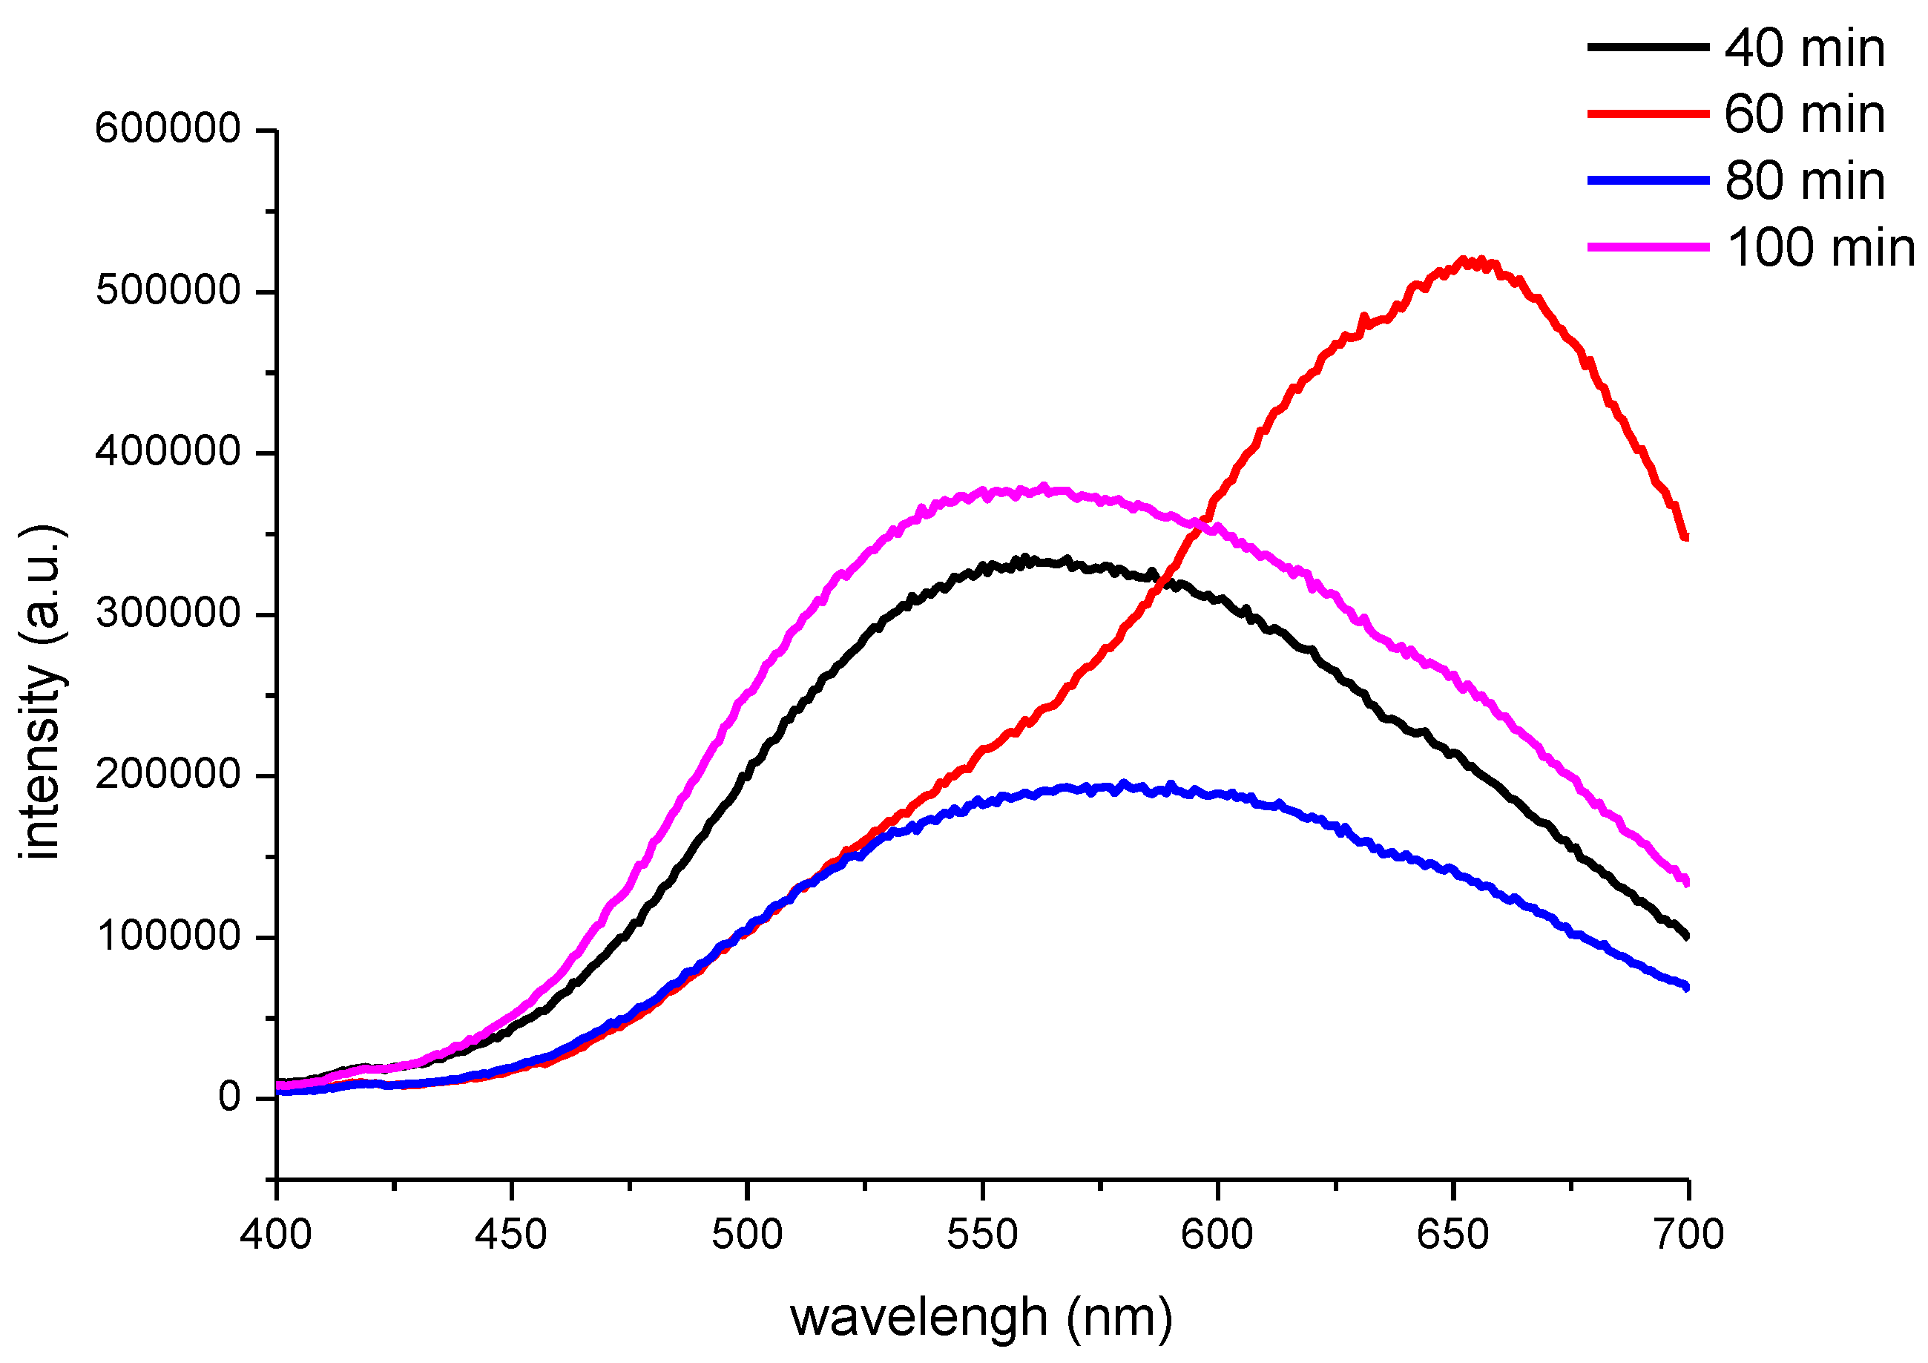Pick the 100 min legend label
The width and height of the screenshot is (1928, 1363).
pyautogui.click(x=1820, y=248)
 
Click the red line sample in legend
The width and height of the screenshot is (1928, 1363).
pyautogui.click(x=1647, y=114)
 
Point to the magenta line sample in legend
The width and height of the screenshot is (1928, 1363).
pyautogui.click(x=1647, y=247)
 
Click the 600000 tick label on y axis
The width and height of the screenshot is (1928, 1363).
pyautogui.click(x=168, y=128)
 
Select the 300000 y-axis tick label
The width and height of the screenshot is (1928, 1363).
pyautogui.click(x=168, y=613)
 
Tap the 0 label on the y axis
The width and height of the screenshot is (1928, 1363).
pyautogui.click(x=229, y=1097)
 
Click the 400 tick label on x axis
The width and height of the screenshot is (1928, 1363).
pyautogui.click(x=275, y=1235)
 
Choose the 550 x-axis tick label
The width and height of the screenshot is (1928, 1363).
pyautogui.click(x=981, y=1235)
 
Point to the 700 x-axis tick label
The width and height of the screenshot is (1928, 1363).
pyautogui.click(x=1688, y=1235)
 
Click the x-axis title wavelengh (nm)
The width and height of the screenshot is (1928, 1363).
pyautogui.click(x=981, y=1318)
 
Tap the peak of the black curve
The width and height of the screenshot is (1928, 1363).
pyautogui.click(x=1024, y=559)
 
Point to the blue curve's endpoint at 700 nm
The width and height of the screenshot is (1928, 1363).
pyautogui.click(x=1686, y=986)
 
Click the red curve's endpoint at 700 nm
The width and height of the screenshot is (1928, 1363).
pyautogui.click(x=1685, y=536)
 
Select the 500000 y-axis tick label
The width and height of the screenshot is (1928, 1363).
pyautogui.click(x=168, y=291)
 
